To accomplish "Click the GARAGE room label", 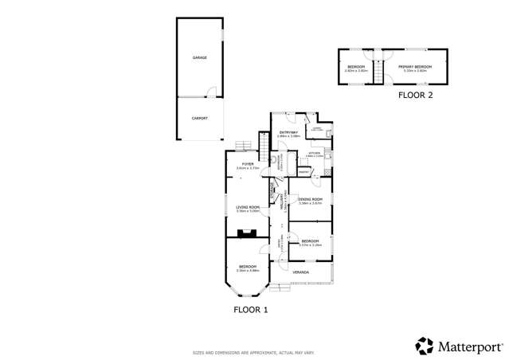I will (x=199, y=59).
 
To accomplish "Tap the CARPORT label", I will (x=199, y=118).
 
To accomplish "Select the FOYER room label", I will (x=247, y=164).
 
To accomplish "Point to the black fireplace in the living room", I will (x=247, y=233).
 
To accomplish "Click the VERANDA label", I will (x=301, y=272).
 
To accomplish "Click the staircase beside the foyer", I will (x=264, y=144).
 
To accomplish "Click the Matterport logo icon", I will (x=425, y=345).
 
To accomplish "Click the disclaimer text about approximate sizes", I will (x=254, y=351).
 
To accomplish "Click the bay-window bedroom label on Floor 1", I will (x=247, y=267).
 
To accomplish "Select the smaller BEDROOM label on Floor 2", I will (x=355, y=66).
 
